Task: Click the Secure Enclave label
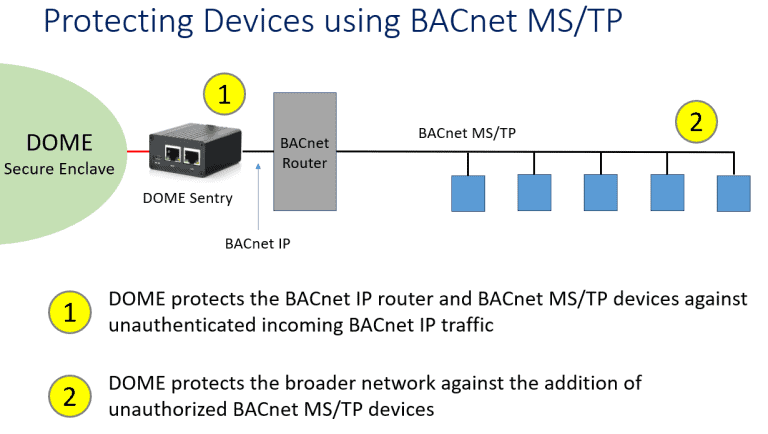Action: point(59,168)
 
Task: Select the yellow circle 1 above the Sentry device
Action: point(224,95)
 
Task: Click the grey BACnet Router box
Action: point(305,150)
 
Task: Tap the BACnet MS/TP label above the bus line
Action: point(467,132)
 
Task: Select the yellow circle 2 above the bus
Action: point(697,122)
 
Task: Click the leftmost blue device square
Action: point(467,193)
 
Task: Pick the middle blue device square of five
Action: point(600,193)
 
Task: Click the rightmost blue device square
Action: point(733,193)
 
